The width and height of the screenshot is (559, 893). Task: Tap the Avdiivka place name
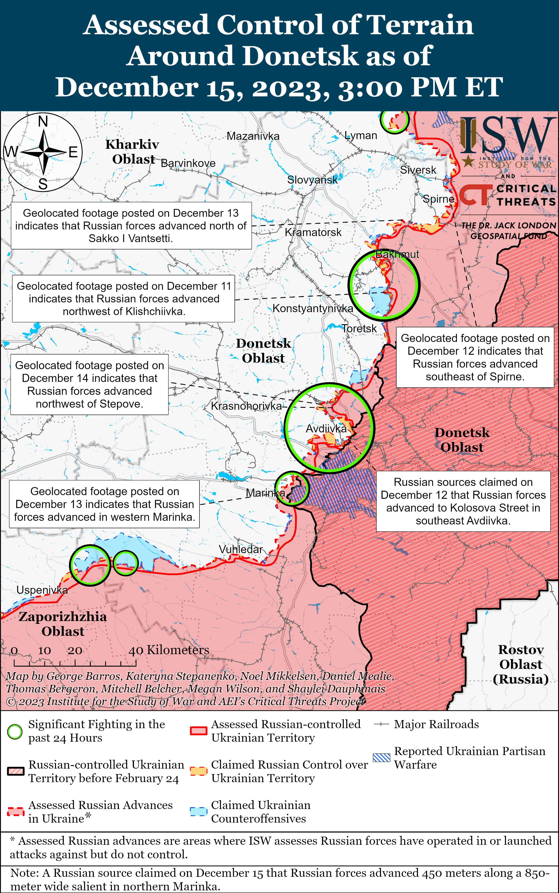tap(326, 429)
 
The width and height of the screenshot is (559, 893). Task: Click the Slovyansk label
tap(312, 180)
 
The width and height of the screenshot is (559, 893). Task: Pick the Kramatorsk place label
tap(313, 232)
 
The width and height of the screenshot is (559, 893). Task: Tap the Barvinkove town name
tap(188, 163)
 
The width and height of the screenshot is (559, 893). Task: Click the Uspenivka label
tap(42, 590)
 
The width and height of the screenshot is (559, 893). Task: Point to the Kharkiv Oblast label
tap(132, 151)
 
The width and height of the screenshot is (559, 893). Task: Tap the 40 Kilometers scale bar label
tap(169, 650)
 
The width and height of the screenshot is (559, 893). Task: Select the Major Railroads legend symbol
tap(381, 724)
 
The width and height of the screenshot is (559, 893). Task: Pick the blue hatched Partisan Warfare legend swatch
tap(381, 758)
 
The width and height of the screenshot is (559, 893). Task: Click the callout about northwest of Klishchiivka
tap(123, 299)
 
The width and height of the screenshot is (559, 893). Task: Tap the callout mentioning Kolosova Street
tap(463, 501)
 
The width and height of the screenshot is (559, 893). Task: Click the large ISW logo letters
tap(508, 135)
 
